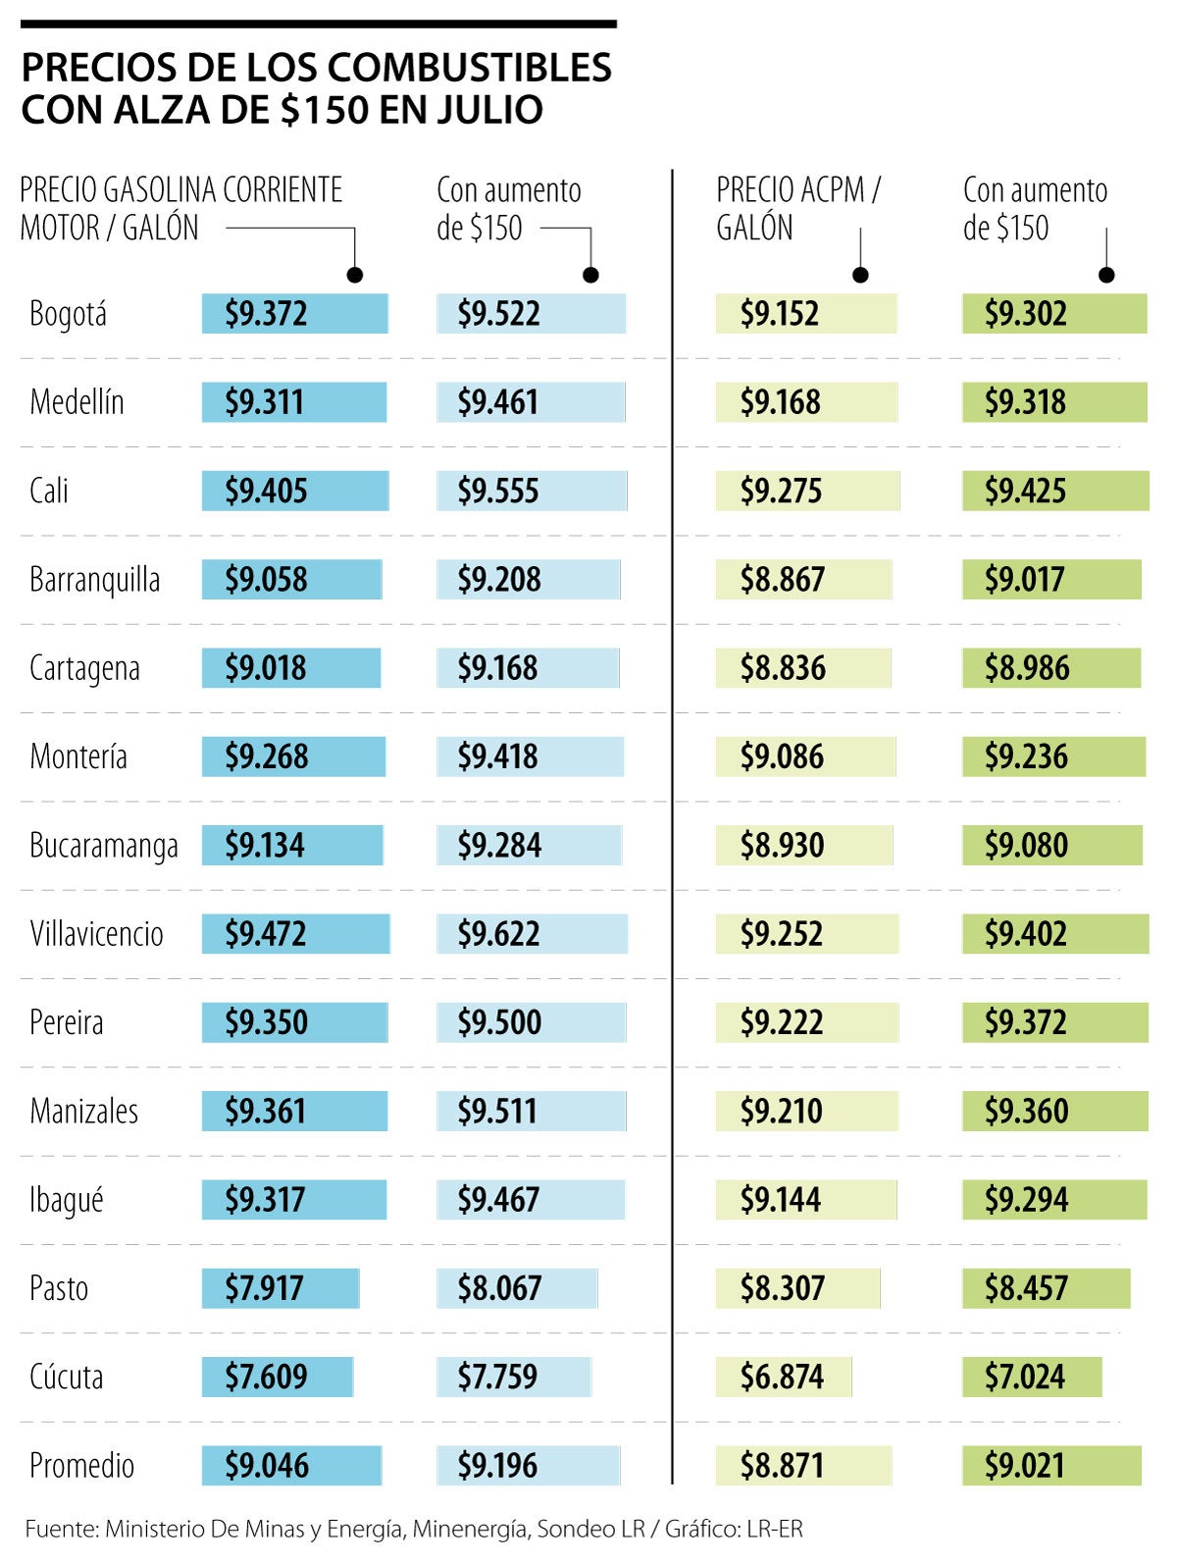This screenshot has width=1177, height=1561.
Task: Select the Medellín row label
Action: [77, 402]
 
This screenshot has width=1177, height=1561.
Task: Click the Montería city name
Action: [78, 756]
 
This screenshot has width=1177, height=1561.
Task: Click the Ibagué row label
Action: [67, 1200]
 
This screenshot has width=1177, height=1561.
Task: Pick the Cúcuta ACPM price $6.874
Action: [782, 1378]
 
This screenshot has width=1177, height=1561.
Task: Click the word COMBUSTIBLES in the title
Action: [469, 68]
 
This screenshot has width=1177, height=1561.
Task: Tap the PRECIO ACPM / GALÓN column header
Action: [797, 208]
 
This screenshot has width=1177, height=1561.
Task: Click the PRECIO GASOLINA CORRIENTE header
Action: [181, 190]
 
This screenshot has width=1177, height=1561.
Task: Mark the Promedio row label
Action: [82, 1466]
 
